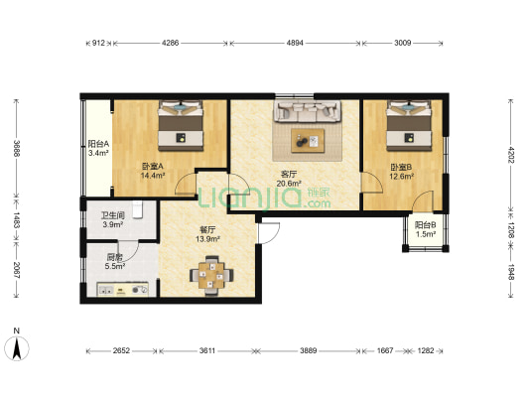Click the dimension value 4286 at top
pyautogui.click(x=170, y=43)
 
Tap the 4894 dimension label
pyautogui.click(x=295, y=43)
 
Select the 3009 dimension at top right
pyautogui.click(x=403, y=43)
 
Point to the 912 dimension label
pyautogui.click(x=98, y=43)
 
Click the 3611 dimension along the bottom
pyautogui.click(x=206, y=350)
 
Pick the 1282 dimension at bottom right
pyautogui.click(x=426, y=350)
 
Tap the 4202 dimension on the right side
pyautogui.click(x=511, y=155)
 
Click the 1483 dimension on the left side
pyautogui.click(x=16, y=220)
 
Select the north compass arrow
pyautogui.click(x=17, y=348)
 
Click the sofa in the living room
pyautogui.click(x=308, y=111)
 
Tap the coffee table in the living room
pyautogui.click(x=308, y=141)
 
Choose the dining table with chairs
pyautogui.click(x=211, y=276)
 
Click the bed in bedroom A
pyautogui.click(x=181, y=125)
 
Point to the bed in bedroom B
pyautogui.click(x=409, y=125)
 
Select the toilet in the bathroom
pyautogui.click(x=137, y=209)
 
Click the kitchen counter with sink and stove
pyautogui.click(x=123, y=290)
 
